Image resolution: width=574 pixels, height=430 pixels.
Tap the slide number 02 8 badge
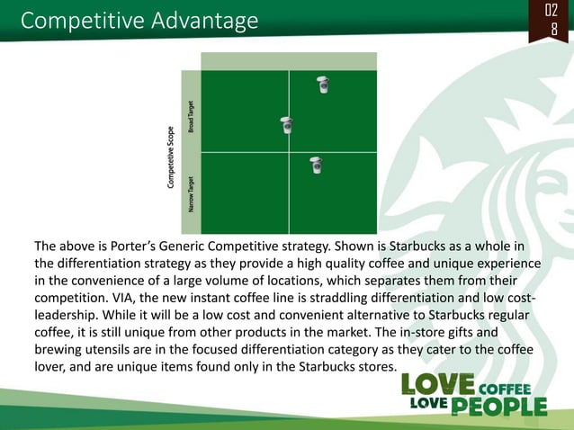click(x=553, y=21)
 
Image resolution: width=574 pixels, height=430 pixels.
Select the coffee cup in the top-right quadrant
click(x=324, y=85)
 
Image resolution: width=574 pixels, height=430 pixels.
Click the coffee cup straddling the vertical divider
click(x=287, y=125)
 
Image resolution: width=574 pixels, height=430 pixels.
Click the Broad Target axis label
click(x=191, y=116)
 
